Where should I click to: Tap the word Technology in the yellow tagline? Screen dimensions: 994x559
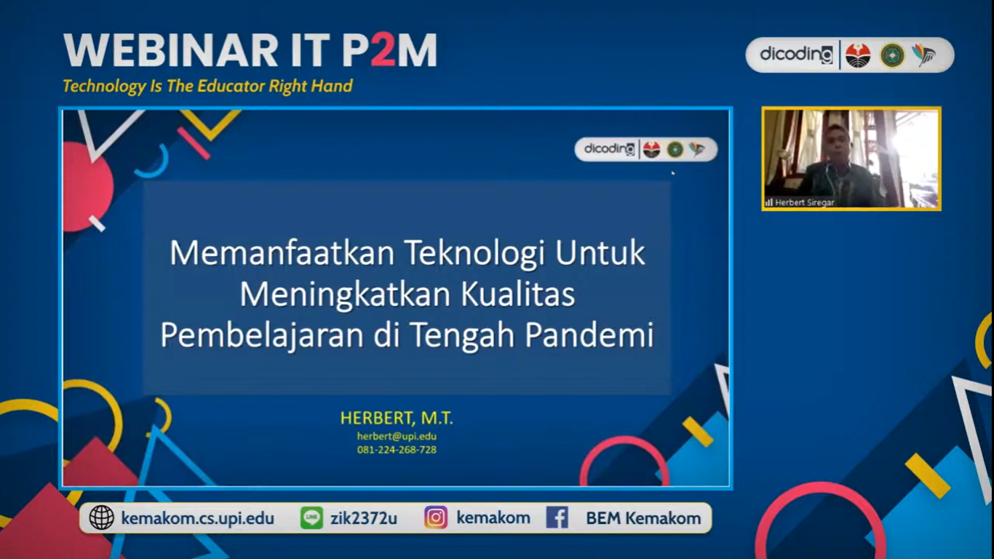(x=104, y=86)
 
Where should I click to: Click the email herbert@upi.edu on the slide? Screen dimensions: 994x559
(x=397, y=437)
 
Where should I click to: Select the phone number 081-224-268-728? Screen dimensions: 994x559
(x=397, y=450)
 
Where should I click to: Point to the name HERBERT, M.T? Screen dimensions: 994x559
(x=397, y=418)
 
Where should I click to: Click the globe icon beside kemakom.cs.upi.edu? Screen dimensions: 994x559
(x=102, y=518)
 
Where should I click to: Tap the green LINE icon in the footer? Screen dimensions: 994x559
(x=311, y=518)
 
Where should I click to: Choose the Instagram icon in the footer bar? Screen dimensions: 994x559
(x=436, y=518)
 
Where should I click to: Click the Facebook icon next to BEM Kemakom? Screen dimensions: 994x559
(x=557, y=518)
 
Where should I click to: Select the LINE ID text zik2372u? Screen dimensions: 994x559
(x=363, y=518)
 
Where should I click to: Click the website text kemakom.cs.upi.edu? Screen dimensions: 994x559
(x=198, y=518)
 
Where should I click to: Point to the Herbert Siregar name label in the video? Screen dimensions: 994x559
(x=805, y=202)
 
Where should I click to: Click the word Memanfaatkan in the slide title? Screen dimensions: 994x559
(x=282, y=253)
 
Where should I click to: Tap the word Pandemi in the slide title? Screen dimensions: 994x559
(x=589, y=335)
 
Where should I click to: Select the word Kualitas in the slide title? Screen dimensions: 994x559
(x=518, y=294)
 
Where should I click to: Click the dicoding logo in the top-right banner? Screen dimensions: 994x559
(x=797, y=55)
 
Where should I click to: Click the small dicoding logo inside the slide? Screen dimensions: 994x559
(x=609, y=148)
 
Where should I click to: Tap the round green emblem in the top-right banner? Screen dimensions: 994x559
(x=892, y=55)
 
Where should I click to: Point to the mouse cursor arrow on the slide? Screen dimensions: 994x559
(x=673, y=173)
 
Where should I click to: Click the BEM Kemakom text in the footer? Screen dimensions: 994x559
(x=643, y=518)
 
